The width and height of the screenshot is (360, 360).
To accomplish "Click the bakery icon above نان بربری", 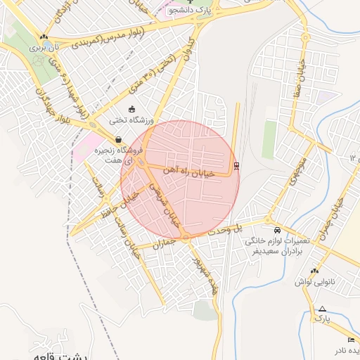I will pyautogui.click(x=44, y=37).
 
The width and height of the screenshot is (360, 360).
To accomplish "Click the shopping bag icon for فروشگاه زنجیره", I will pyautogui.click(x=118, y=139).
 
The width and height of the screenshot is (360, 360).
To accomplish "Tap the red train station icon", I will pyautogui.click(x=236, y=167).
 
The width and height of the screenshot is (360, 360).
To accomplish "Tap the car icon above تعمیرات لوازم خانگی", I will pyautogui.click(x=277, y=231).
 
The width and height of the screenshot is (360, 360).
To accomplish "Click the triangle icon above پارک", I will pyautogui.click(x=322, y=309).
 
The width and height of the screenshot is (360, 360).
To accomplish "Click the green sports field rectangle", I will pyautogui.click(x=269, y=140).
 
